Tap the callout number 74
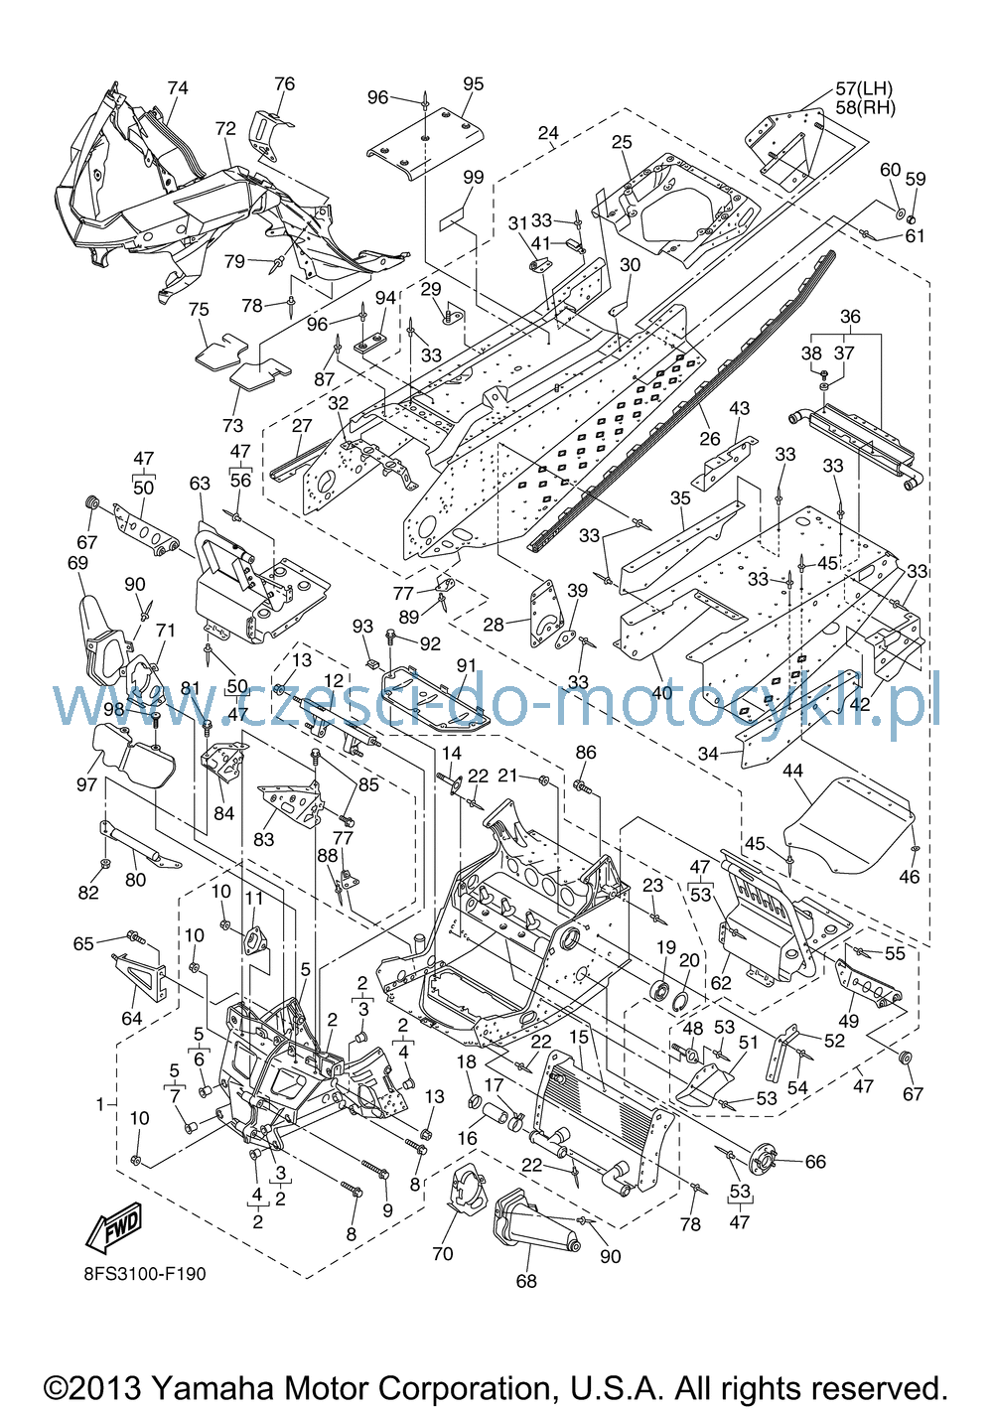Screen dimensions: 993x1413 point(178,87)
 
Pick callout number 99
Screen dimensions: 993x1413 point(473,178)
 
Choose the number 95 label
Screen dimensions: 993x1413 point(473,83)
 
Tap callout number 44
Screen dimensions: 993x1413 point(793,771)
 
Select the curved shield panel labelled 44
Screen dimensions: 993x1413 point(849,826)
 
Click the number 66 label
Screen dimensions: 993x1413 point(815,1162)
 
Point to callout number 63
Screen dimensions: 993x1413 point(200,484)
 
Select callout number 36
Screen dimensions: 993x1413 point(850,316)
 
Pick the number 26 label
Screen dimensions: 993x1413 point(710,437)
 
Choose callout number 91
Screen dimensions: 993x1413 point(467,666)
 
